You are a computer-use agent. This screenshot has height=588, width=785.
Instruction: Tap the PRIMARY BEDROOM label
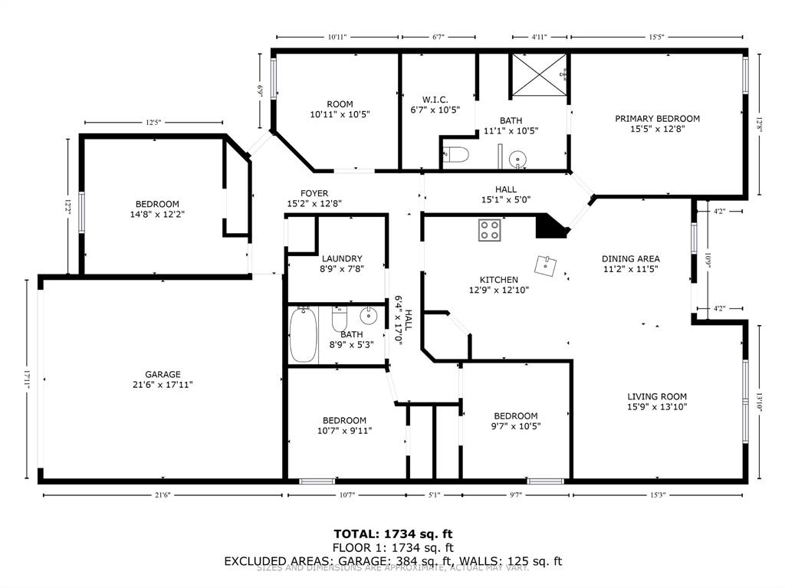(x=657, y=119)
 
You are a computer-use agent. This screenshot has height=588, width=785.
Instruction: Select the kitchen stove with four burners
(x=490, y=229)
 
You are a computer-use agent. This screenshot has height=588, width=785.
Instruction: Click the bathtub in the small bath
(x=304, y=335)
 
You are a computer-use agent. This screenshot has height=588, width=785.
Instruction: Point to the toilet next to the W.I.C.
(x=457, y=156)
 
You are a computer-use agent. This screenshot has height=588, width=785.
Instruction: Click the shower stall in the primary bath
(x=540, y=74)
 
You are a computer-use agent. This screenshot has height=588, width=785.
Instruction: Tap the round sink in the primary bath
(x=517, y=159)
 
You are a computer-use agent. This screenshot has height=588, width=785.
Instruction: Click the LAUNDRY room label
(x=342, y=259)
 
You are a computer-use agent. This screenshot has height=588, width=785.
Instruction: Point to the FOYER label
(x=314, y=193)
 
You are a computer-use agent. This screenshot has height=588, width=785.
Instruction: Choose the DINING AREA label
(x=630, y=259)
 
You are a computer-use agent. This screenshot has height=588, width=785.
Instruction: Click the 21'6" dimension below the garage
(x=162, y=495)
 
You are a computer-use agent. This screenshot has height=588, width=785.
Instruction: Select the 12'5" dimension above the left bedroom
(x=153, y=123)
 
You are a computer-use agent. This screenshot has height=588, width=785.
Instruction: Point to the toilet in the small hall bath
(x=340, y=318)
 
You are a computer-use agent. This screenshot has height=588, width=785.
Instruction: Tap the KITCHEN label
(x=499, y=280)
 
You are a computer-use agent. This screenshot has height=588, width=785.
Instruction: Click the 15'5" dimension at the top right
(x=656, y=36)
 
